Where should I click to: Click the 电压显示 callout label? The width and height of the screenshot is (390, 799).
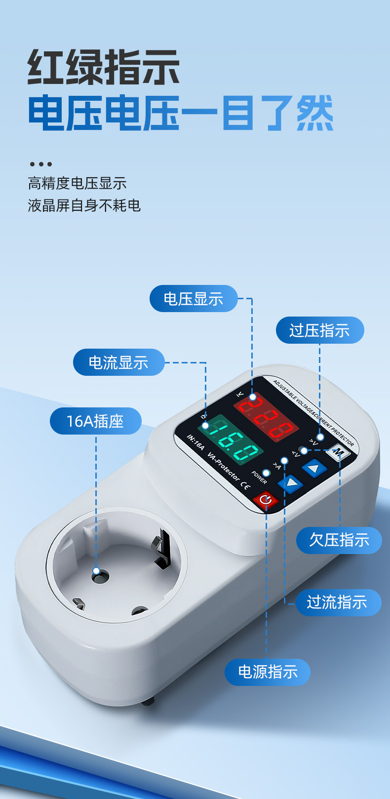(194, 299)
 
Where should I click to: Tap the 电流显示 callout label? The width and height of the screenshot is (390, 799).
(118, 362)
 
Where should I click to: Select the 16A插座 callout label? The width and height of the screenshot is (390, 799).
(95, 421)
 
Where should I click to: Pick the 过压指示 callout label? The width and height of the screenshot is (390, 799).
(319, 330)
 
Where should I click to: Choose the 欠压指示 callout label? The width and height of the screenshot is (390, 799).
(339, 540)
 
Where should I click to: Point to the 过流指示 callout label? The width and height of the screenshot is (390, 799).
(337, 602)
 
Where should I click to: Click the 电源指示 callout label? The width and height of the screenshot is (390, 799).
(268, 672)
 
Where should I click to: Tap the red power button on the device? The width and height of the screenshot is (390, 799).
(266, 500)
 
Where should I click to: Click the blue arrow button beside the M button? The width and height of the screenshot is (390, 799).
(314, 467)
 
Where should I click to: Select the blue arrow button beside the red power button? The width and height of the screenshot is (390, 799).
(290, 483)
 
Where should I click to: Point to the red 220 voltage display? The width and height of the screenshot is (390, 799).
(267, 418)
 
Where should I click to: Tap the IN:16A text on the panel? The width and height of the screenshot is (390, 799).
(195, 443)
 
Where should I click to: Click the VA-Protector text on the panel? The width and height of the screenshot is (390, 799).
(224, 467)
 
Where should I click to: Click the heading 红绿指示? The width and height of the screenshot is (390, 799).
(103, 67)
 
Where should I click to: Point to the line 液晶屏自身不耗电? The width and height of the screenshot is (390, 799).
(84, 205)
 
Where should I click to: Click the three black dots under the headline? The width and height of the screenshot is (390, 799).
(40, 164)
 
